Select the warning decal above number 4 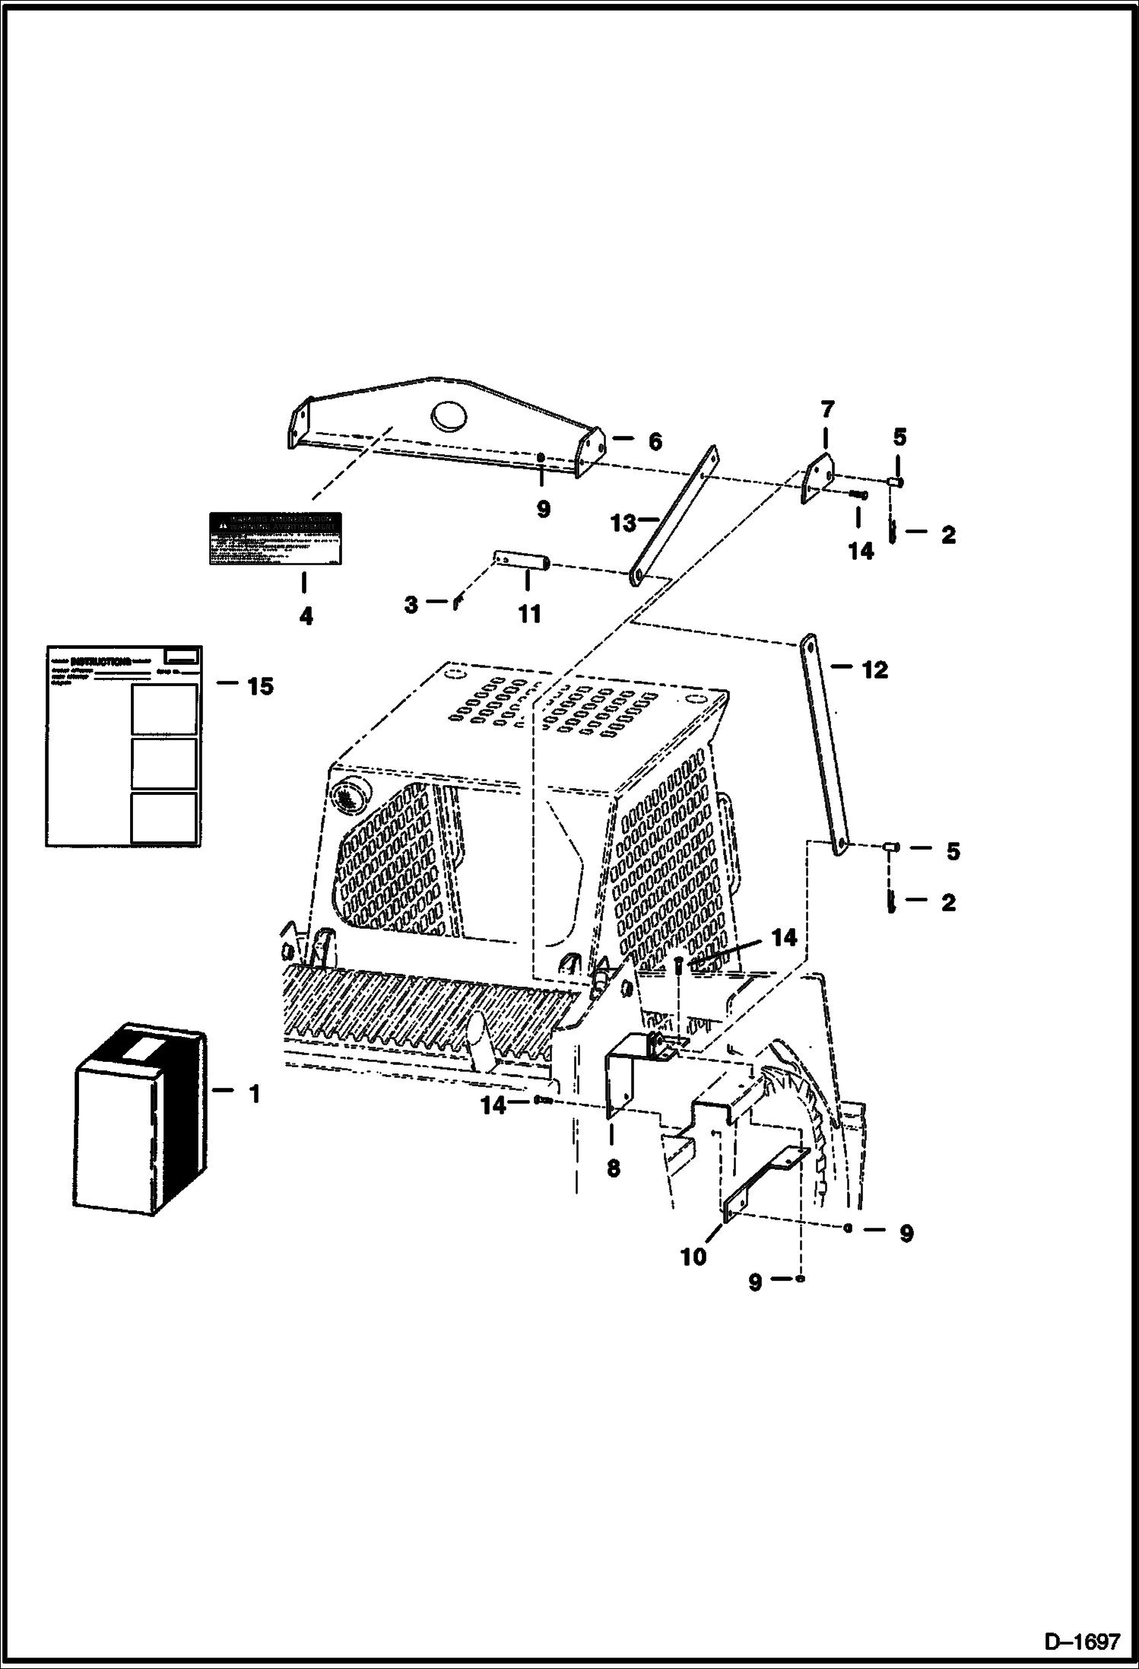click(x=275, y=539)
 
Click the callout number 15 click(x=260, y=686)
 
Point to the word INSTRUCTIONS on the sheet click(x=100, y=661)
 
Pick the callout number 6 click(x=655, y=442)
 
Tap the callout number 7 click(x=827, y=410)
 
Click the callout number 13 click(x=623, y=523)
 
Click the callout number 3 click(x=411, y=605)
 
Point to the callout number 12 click(x=874, y=670)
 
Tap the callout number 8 click(x=614, y=1168)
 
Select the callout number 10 click(x=693, y=1257)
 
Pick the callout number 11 click(x=529, y=614)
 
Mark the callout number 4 click(x=306, y=616)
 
